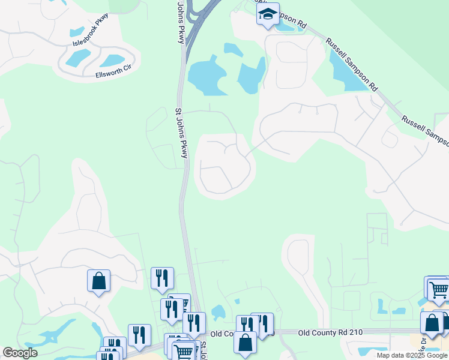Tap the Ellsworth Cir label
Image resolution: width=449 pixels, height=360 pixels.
113,74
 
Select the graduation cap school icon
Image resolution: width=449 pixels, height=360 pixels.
268,14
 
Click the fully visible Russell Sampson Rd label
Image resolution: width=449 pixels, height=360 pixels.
352,65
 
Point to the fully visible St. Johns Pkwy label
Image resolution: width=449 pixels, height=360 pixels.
182,133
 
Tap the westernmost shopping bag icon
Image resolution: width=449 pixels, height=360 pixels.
98,281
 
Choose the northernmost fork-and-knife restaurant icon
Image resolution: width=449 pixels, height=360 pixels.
162,278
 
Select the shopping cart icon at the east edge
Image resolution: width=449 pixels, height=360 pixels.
439,289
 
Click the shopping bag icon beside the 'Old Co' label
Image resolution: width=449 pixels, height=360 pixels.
246,343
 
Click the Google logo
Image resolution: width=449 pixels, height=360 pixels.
20,352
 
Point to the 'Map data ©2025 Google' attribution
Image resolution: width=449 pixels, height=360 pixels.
412,355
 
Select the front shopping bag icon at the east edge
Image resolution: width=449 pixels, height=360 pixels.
432,323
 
